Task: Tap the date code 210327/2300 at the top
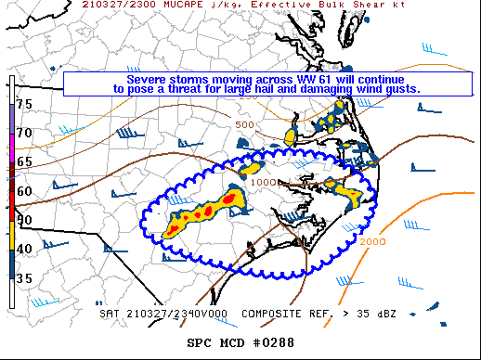(x=110, y=6)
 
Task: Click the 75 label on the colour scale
(x=24, y=104)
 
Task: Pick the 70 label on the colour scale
(x=24, y=133)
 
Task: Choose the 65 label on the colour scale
(x=24, y=161)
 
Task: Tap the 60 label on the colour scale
(x=24, y=191)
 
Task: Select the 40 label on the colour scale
(x=24, y=248)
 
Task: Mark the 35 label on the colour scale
(x=24, y=277)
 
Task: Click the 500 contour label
(x=244, y=124)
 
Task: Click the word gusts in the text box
(x=401, y=90)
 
